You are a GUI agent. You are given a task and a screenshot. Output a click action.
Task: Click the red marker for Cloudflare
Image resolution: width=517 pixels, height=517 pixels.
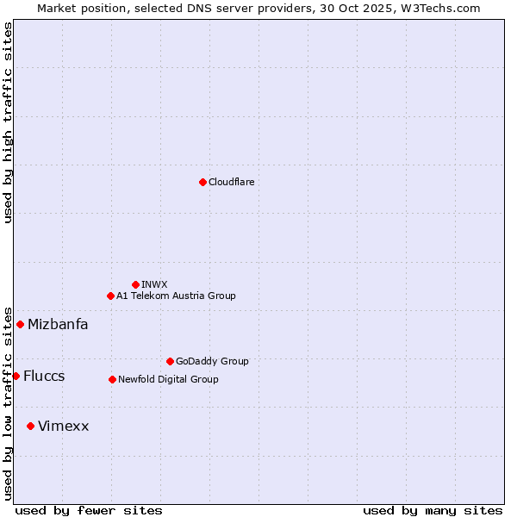pyautogui.click(x=202, y=182)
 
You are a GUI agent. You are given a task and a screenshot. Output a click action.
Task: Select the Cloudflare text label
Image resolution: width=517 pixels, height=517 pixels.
pyautogui.click(x=231, y=182)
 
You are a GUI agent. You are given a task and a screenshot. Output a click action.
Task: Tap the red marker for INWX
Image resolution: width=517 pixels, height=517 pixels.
pyautogui.click(x=135, y=284)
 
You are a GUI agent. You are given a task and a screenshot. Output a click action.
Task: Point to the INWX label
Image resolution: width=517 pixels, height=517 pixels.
pyautogui.click(x=154, y=284)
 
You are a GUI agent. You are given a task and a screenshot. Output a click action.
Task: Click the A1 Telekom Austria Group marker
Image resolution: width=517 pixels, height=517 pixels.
pyautogui.click(x=110, y=296)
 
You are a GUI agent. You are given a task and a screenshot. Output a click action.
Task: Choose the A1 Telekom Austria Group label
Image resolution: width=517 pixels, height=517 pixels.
pyautogui.click(x=176, y=296)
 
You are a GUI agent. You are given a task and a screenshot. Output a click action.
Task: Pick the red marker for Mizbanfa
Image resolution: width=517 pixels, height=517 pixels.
pyautogui.click(x=20, y=324)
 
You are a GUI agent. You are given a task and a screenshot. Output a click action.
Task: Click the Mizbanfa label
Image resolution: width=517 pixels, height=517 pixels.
pyautogui.click(x=58, y=325)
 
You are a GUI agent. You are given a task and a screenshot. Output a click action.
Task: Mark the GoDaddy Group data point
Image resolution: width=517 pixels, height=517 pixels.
pyautogui.click(x=170, y=361)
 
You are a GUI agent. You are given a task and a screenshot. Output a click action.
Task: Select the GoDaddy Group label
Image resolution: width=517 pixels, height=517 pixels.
pyautogui.click(x=212, y=361)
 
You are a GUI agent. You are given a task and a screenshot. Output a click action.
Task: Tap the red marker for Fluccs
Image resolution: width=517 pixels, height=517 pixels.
pyautogui.click(x=16, y=376)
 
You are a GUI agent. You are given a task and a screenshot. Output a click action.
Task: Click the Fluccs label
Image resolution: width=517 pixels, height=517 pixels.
pyautogui.click(x=44, y=377)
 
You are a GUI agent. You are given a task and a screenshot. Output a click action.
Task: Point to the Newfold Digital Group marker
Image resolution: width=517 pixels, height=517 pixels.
pyautogui.click(x=112, y=379)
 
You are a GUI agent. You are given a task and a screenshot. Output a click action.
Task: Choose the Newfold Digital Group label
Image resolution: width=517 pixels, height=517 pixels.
pyautogui.click(x=168, y=379)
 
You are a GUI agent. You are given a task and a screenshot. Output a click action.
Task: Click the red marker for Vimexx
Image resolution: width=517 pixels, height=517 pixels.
pyautogui.click(x=30, y=426)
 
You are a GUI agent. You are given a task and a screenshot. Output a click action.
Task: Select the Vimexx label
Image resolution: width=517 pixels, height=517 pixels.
pyautogui.click(x=63, y=427)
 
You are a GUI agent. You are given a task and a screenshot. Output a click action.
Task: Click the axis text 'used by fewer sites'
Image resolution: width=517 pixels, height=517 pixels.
pyautogui.click(x=89, y=510)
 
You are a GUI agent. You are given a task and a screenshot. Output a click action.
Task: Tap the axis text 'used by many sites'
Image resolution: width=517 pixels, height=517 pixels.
pyautogui.click(x=433, y=510)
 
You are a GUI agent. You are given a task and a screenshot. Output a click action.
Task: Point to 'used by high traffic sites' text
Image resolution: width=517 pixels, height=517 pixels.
pyautogui.click(x=8, y=122)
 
